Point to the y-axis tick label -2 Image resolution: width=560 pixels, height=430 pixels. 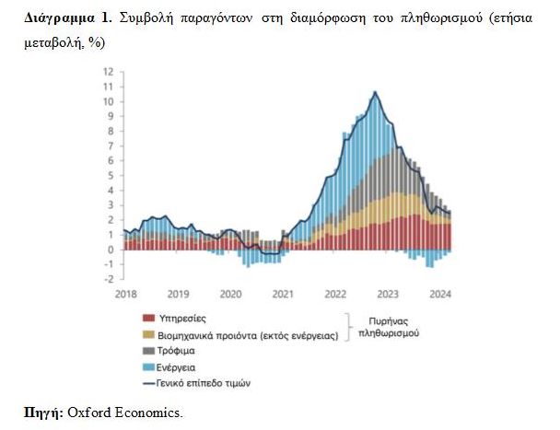109,279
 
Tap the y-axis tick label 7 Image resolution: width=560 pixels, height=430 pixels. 110,145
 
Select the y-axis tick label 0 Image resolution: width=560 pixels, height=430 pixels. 110,250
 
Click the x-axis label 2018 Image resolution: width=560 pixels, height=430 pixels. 126,294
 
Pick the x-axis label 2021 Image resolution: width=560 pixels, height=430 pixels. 283,294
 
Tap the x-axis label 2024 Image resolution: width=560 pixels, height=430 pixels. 439,294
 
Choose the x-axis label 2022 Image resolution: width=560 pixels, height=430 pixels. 334,294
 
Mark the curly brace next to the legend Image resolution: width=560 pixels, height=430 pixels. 350,327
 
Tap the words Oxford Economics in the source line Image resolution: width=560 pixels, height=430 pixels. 125,412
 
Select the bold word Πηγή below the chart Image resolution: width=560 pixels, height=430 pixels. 42,412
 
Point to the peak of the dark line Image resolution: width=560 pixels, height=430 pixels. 375,92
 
